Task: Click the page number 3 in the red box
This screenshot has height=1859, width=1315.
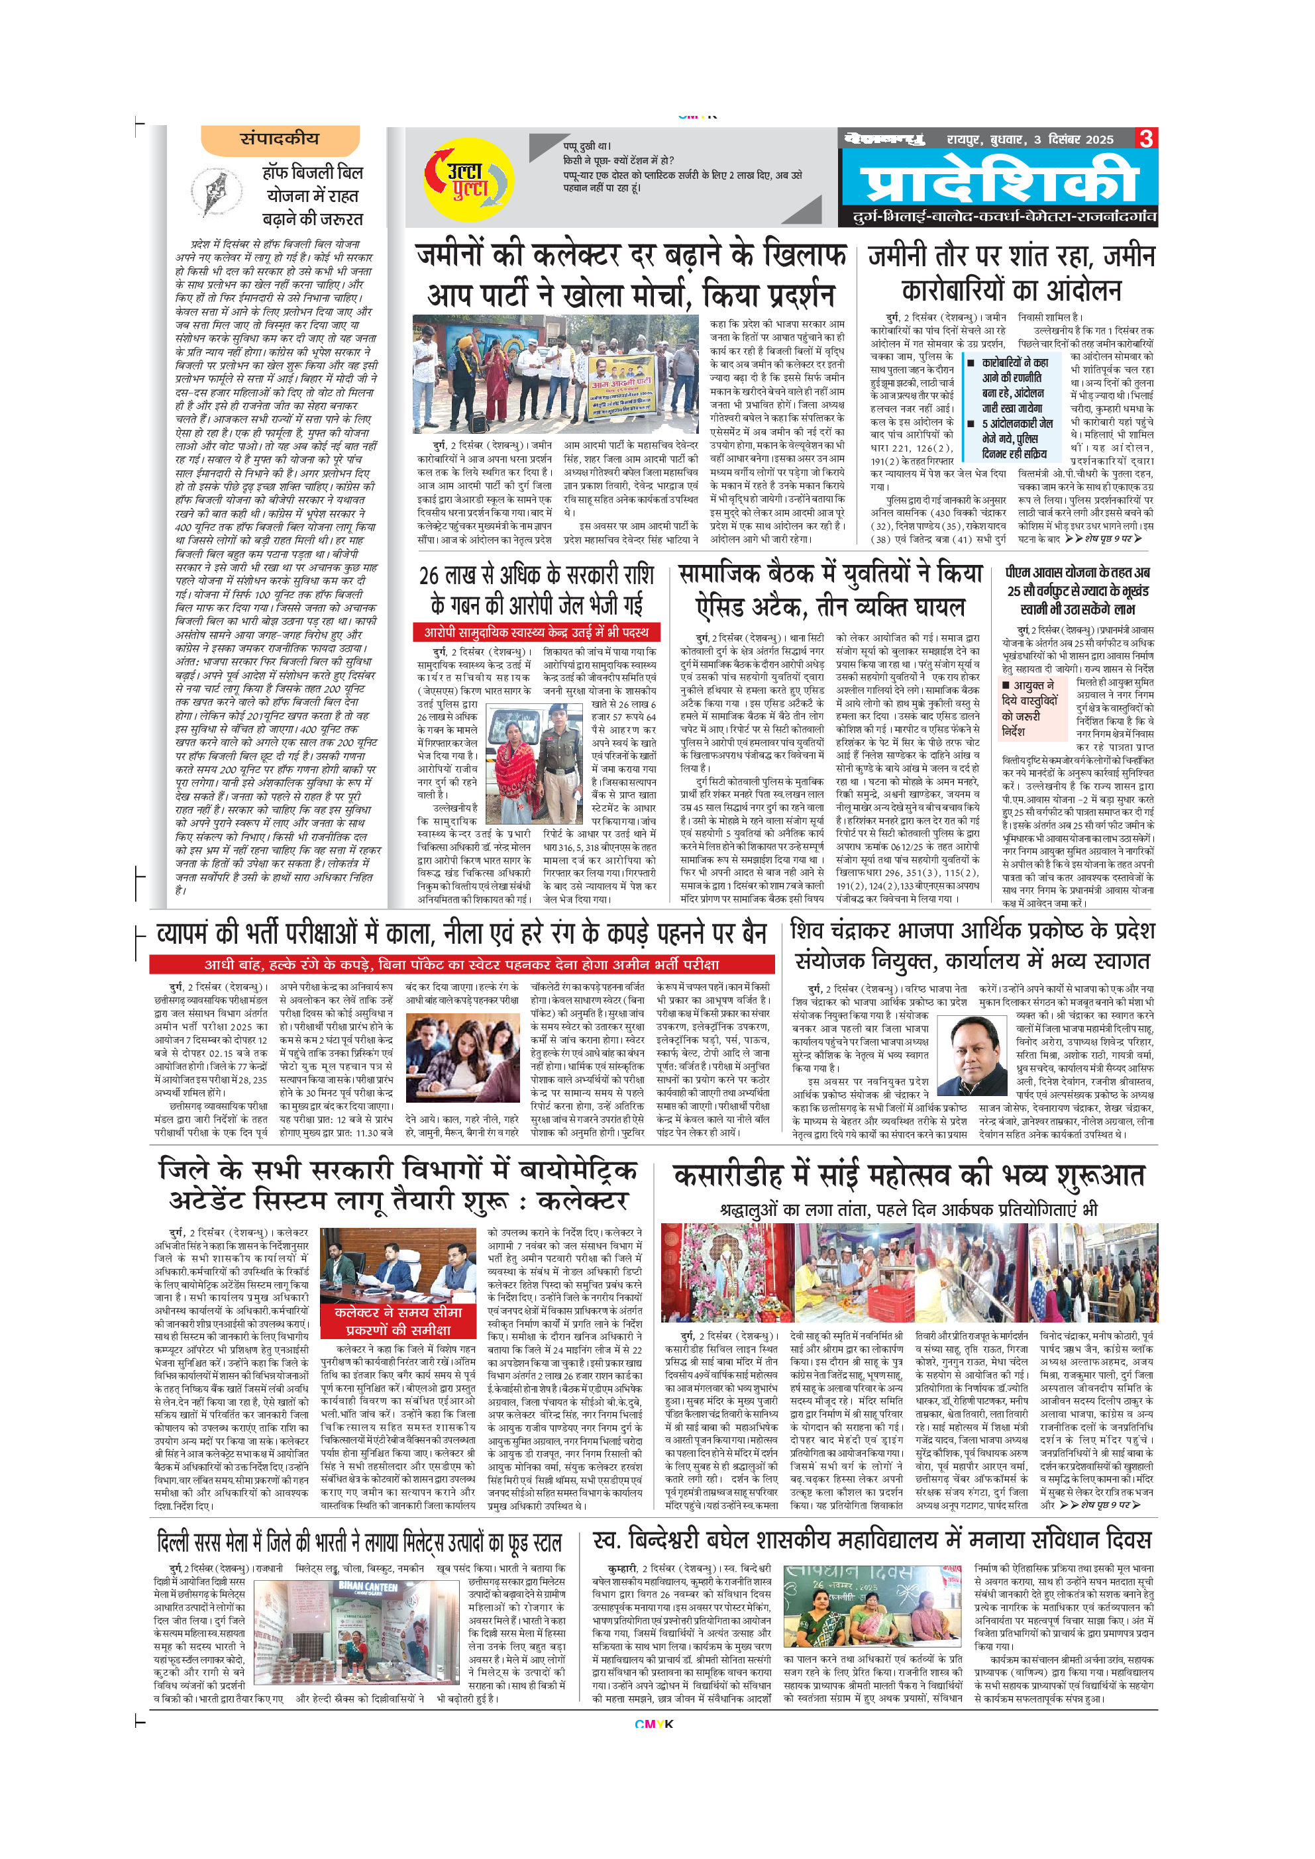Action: click(1146, 138)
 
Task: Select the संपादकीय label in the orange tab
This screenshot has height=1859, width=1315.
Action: click(280, 138)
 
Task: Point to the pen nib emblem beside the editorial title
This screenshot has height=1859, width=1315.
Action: click(217, 192)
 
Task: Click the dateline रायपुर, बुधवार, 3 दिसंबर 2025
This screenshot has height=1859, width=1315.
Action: click(1030, 139)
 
